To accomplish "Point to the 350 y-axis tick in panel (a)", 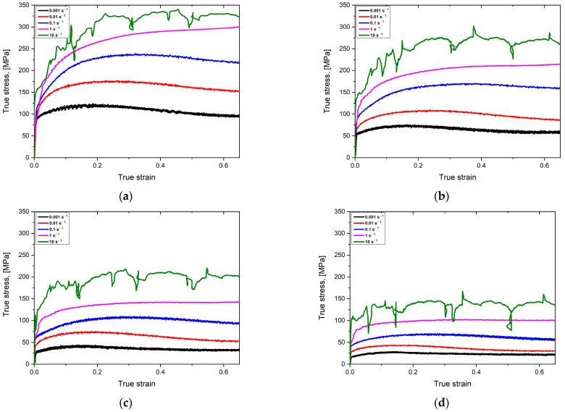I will coord(24,5).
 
